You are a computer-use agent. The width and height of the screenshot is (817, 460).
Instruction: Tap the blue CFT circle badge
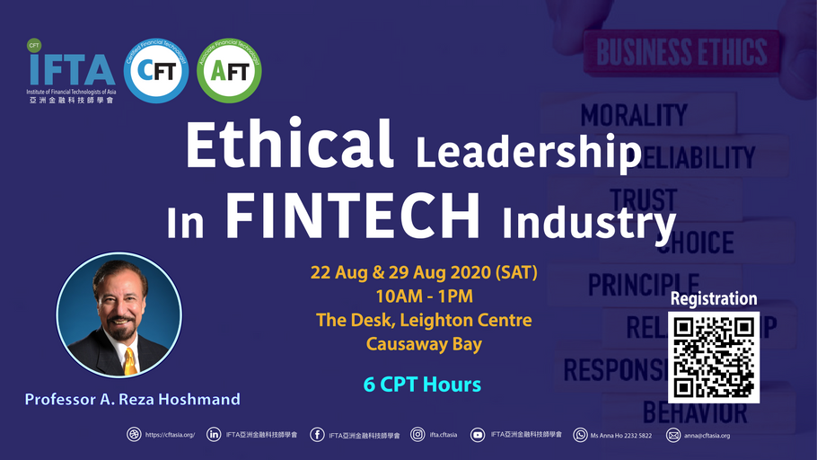(155, 69)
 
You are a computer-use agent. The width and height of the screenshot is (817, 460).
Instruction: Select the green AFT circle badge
(229, 69)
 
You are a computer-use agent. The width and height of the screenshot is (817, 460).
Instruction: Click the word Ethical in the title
(289, 146)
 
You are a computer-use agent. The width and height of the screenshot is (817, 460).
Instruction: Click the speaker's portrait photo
(119, 314)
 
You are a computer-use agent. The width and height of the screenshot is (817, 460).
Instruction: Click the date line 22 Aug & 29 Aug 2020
(424, 272)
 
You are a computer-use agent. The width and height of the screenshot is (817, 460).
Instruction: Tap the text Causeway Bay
(424, 342)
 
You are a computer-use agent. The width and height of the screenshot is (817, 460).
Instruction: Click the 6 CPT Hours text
(422, 385)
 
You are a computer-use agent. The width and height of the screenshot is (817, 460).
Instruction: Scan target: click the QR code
(715, 357)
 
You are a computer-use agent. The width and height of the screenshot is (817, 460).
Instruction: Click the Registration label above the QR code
(715, 298)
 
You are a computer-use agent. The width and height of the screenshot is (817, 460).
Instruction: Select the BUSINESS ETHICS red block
(682, 52)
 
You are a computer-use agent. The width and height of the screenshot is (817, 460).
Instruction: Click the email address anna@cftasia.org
(706, 436)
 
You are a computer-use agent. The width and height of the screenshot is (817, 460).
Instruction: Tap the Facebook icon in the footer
(317, 436)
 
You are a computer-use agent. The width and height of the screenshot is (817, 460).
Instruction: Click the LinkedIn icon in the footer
(214, 436)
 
